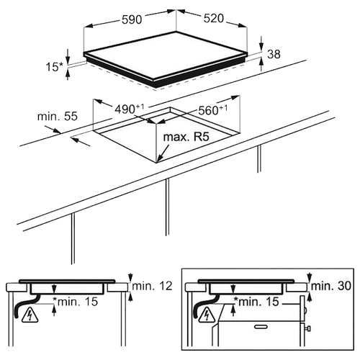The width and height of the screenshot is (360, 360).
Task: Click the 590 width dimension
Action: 132,19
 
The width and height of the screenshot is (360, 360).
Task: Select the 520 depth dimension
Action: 214,19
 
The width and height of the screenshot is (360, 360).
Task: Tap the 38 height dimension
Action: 274,54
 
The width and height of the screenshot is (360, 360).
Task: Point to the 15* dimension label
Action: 54,67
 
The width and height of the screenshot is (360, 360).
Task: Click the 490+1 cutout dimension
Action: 129,109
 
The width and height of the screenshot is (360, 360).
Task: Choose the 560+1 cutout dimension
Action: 212,110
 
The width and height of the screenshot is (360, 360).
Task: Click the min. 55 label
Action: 58,117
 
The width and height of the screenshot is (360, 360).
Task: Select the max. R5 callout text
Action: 186,137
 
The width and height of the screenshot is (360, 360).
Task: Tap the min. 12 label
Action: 153,286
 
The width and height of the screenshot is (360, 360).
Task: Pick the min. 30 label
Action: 331,286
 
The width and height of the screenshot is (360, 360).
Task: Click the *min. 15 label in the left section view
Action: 76,302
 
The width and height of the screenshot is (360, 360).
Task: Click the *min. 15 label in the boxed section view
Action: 256,302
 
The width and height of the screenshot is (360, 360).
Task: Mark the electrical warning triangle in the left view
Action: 30,315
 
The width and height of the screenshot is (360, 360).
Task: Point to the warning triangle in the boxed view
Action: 207,315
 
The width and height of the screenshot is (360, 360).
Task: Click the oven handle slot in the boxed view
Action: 261,326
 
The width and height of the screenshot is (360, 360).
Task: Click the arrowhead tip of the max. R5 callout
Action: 157,162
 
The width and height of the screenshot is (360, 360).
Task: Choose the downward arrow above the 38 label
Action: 261,43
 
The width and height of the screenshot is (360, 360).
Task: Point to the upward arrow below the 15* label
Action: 68,74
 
